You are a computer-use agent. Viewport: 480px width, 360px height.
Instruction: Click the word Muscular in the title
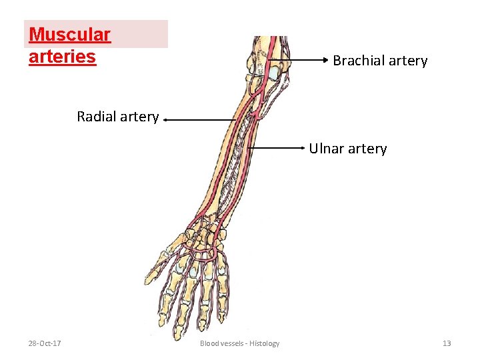coord(69,34)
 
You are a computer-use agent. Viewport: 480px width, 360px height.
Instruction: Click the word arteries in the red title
coord(63,56)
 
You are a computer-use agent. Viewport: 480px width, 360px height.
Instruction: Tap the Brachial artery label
coord(380,61)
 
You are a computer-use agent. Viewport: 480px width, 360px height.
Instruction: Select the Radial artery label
coord(117,117)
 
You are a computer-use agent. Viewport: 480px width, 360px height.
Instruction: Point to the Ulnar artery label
coord(347,149)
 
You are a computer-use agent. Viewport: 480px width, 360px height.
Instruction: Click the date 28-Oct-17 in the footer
coord(45,343)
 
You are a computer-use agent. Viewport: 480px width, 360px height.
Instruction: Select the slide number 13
coord(447,343)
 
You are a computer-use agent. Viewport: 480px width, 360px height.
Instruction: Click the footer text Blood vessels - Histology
coord(239,343)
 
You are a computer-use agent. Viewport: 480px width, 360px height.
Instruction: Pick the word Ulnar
coord(325,149)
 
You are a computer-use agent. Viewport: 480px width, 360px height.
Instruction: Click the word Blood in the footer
coord(209,343)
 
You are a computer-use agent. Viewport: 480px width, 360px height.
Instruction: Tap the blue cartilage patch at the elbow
coord(275,70)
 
